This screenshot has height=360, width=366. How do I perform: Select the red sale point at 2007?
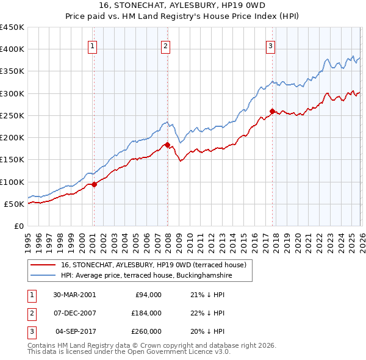point(167,145)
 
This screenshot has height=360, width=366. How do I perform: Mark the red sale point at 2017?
point(272,111)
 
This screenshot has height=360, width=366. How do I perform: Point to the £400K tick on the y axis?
point(12,49)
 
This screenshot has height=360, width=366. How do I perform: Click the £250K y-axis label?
point(12,115)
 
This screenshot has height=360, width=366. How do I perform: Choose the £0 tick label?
point(18,226)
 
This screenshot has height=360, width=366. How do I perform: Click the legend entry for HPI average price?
point(146,276)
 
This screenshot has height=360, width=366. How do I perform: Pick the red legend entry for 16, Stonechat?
point(152,265)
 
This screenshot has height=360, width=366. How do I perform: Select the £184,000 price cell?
point(146,313)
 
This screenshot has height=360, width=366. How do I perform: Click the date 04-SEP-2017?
point(74,331)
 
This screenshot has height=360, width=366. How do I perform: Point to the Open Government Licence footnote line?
point(129,352)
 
